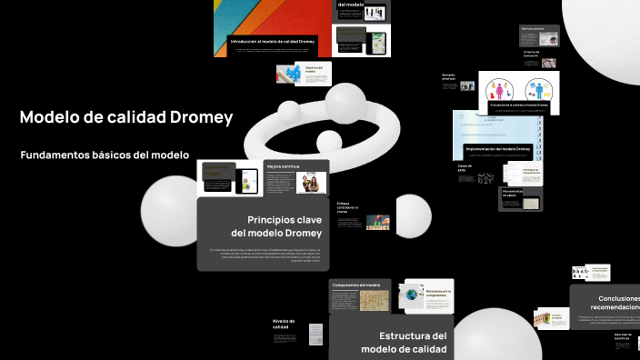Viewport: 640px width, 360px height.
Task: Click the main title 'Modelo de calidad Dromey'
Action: [126, 117]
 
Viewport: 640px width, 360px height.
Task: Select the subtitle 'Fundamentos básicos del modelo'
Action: [105, 155]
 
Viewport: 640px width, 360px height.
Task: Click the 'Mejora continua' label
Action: [284, 167]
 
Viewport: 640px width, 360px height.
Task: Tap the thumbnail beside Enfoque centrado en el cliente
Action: [377, 222]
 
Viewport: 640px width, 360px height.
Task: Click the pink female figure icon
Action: [498, 90]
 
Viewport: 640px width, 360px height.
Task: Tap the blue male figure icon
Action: [534, 90]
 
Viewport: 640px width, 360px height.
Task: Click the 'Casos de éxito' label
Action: [465, 167]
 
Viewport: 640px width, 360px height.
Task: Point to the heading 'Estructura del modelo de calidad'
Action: [404, 342]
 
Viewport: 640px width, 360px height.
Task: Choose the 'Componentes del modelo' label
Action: [355, 285]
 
